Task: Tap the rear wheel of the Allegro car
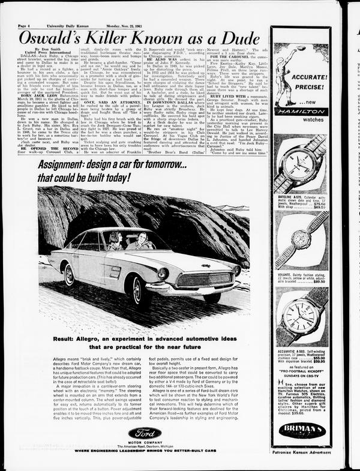tap(70, 275)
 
